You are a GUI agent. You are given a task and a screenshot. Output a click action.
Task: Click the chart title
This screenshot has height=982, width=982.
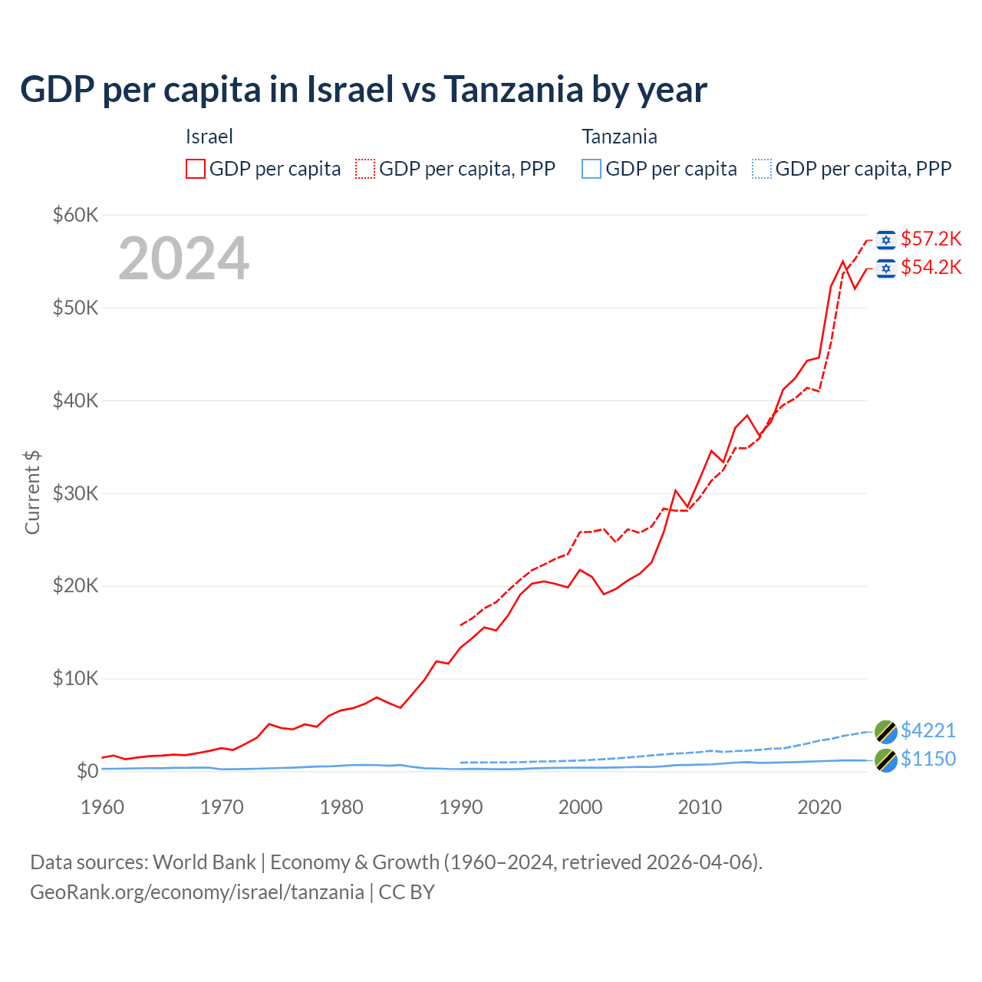[364, 90]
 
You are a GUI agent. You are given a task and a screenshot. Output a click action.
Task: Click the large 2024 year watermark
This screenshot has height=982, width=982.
[184, 259]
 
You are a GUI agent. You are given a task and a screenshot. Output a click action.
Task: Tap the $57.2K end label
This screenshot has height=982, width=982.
[931, 239]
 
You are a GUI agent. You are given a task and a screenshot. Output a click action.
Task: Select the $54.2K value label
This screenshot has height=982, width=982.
[931, 267]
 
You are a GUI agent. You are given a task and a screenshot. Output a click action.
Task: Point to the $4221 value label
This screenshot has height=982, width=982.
[928, 730]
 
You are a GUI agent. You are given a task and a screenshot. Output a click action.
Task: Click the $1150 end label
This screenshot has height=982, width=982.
[928, 759]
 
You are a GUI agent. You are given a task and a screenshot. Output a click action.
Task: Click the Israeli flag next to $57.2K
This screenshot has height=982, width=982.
[886, 240]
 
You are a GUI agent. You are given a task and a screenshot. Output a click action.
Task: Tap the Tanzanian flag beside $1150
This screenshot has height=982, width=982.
[886, 760]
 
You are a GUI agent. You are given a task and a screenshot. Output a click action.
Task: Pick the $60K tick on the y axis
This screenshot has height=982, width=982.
[75, 215]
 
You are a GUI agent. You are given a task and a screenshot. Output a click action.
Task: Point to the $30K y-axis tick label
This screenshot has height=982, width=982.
[75, 493]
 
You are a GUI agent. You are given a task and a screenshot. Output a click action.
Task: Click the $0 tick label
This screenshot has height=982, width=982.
[87, 771]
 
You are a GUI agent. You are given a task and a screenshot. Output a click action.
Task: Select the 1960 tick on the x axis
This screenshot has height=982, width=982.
[102, 807]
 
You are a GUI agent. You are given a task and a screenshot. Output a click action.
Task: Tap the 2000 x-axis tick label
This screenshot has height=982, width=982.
[581, 807]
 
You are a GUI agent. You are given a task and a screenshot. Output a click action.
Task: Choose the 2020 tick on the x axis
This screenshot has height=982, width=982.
[819, 807]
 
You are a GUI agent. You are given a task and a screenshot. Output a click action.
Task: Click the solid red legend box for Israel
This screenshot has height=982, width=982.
[196, 169]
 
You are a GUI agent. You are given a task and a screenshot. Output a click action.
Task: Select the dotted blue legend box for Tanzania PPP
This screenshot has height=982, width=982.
[762, 169]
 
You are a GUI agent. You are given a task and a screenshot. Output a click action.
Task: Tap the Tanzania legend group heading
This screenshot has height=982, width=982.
[619, 137]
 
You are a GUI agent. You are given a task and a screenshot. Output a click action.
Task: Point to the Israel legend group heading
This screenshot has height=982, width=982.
[209, 137]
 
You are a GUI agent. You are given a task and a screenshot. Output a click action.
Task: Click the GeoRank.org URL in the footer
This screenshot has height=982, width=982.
[197, 892]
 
